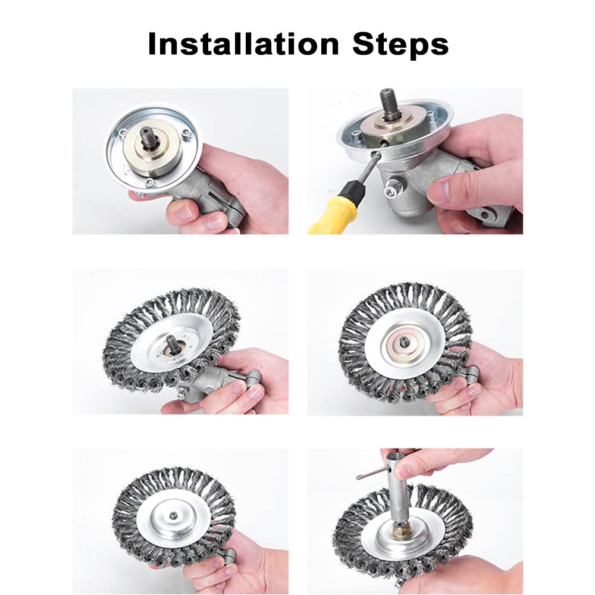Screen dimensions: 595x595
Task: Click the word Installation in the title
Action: pyautogui.click(x=243, y=44)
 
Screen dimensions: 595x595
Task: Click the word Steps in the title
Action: pyautogui.click(x=400, y=44)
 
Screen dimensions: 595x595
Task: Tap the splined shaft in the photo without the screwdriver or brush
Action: pyautogui.click(x=149, y=143)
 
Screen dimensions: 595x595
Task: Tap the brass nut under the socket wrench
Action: pyautogui.click(x=402, y=530)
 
